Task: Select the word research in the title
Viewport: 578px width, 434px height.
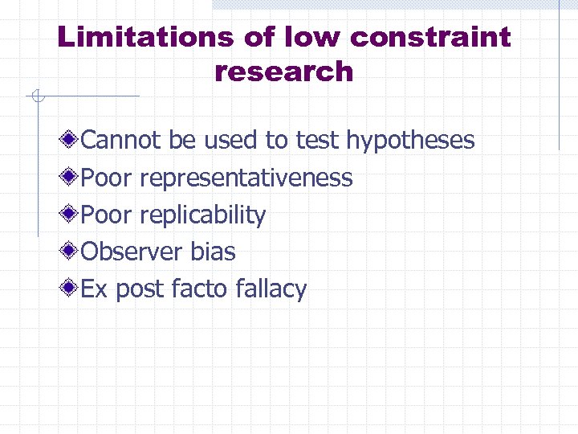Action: (x=284, y=72)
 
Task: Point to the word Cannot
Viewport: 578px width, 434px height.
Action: (x=122, y=141)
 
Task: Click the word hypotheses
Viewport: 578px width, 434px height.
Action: (x=410, y=141)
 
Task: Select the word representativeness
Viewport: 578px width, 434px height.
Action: (x=246, y=178)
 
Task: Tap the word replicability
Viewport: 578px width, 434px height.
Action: (x=202, y=215)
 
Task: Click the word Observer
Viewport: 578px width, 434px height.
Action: (x=132, y=252)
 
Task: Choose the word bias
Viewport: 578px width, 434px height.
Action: (x=213, y=252)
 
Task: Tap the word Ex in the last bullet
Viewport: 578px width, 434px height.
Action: (x=95, y=289)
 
